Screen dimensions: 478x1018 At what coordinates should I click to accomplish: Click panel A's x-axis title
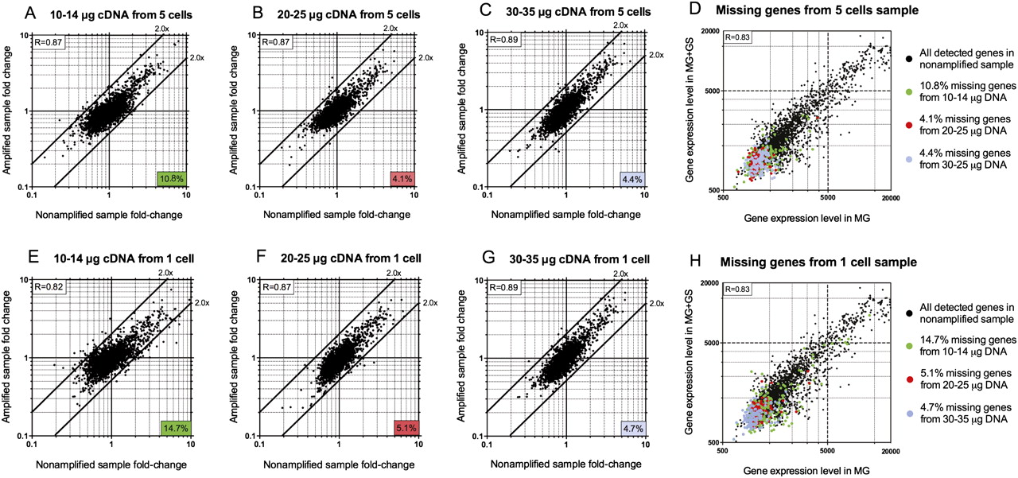109,216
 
